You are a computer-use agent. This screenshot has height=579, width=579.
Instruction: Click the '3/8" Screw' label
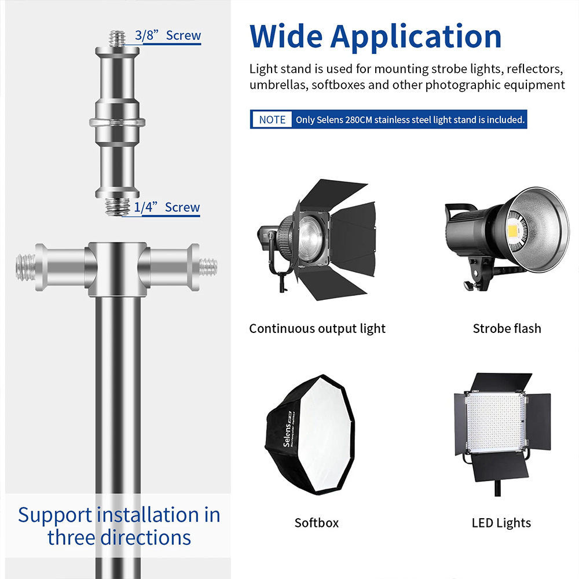click(168, 35)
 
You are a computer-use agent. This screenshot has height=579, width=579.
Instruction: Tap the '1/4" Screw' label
click(167, 207)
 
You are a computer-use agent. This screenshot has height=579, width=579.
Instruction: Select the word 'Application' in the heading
click(416, 38)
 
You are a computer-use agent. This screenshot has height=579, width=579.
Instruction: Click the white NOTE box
click(272, 120)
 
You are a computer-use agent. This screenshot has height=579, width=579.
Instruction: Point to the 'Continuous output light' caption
click(317, 329)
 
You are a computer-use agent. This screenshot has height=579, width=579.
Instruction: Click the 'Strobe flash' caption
click(507, 328)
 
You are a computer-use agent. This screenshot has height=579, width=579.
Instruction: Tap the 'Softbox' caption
click(317, 523)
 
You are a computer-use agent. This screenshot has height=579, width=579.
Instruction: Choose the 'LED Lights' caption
click(501, 523)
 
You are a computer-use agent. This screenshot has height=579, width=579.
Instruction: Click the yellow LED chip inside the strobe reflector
click(514, 231)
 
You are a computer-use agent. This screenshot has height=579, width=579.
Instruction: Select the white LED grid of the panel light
click(496, 422)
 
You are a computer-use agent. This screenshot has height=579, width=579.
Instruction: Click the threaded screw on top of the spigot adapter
click(118, 39)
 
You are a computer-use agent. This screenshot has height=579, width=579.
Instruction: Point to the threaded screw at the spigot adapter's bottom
click(118, 207)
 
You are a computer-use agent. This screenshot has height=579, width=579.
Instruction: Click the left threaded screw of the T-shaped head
click(26, 267)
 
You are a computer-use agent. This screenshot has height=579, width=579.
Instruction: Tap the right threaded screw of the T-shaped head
click(208, 267)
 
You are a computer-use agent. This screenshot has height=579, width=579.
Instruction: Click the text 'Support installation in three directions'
click(119, 526)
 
